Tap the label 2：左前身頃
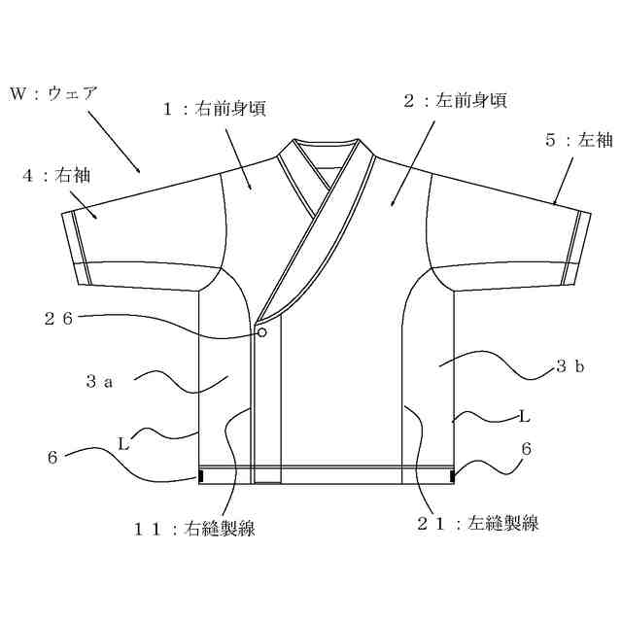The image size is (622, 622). pyautogui.click(x=455, y=100)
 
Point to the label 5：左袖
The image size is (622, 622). pyautogui.click(x=578, y=140)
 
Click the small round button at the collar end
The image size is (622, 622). pyautogui.click(x=261, y=332)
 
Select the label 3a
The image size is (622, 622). pyautogui.click(x=100, y=382)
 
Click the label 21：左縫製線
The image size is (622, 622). pyautogui.click(x=477, y=523)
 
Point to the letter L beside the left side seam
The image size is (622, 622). pyautogui.click(x=123, y=442)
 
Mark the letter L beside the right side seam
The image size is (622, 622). pyautogui.click(x=524, y=416)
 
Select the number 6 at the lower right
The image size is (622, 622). pyautogui.click(x=527, y=448)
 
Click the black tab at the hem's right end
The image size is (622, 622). pyautogui.click(x=453, y=476)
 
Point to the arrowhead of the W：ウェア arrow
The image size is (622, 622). pyautogui.click(x=141, y=170)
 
